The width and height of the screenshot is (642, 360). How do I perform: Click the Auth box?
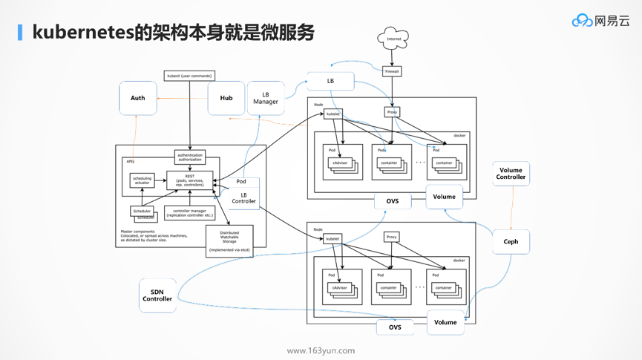pyautogui.click(x=138, y=98)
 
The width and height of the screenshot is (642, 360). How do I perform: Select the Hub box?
pyautogui.click(x=226, y=98)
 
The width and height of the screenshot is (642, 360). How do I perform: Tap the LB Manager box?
pyautogui.click(x=266, y=98)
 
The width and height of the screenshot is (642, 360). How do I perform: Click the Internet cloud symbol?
pyautogui.click(x=393, y=39)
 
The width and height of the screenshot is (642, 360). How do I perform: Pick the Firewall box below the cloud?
pyautogui.click(x=392, y=71)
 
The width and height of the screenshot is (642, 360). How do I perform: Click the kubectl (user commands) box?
pyautogui.click(x=189, y=76)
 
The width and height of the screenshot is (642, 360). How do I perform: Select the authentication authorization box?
pyautogui.click(x=190, y=157)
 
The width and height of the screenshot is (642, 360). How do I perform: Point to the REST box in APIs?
pyautogui.click(x=190, y=180)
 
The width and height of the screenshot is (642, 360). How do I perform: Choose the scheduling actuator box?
pyautogui.click(x=142, y=180)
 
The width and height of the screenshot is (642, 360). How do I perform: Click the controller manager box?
pyautogui.click(x=189, y=213)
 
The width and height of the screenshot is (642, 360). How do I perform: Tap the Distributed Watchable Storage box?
pyautogui.click(x=229, y=241)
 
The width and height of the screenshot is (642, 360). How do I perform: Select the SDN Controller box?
pyautogui.click(x=157, y=295)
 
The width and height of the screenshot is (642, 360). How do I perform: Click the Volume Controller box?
pyautogui.click(x=511, y=174)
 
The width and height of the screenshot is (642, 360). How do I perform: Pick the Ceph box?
pyautogui.click(x=511, y=242)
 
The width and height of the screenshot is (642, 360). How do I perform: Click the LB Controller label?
pyautogui.click(x=243, y=198)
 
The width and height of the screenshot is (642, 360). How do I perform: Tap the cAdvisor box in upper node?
pyautogui.click(x=340, y=163)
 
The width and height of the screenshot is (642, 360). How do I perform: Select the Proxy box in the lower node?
pyautogui.click(x=392, y=238)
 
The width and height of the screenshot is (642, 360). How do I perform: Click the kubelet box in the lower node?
pyautogui.click(x=333, y=239)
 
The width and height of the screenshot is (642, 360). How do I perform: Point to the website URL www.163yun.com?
pyautogui.click(x=321, y=350)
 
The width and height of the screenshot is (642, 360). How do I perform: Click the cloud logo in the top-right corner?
pyautogui.click(x=582, y=21)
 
